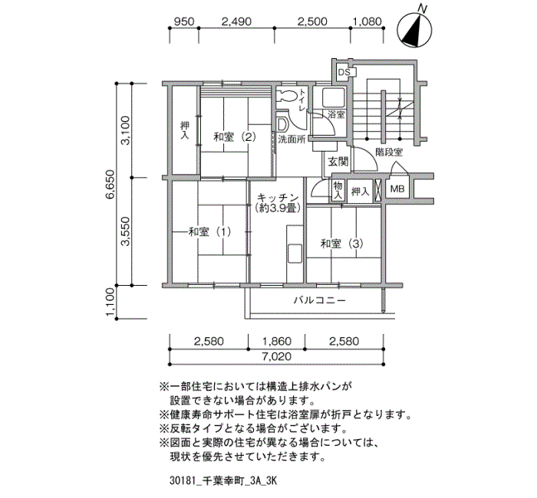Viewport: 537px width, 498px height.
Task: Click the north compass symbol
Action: click(x=414, y=30)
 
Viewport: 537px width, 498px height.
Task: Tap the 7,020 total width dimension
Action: click(x=277, y=357)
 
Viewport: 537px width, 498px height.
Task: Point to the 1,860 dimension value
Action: click(x=277, y=341)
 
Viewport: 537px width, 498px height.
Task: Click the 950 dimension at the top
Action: click(x=184, y=21)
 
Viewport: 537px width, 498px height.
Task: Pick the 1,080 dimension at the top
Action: click(x=367, y=21)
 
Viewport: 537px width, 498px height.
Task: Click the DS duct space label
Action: click(x=344, y=73)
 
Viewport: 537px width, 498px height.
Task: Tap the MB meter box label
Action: click(x=397, y=188)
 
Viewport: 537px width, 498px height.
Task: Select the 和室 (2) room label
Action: click(x=235, y=137)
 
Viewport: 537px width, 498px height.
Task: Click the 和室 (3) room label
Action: click(x=341, y=244)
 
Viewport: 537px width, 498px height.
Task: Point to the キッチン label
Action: click(x=278, y=198)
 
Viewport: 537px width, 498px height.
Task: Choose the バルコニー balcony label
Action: click(x=320, y=300)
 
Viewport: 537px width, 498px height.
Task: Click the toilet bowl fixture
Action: click(x=286, y=95)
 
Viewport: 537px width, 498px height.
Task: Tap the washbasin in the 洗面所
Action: click(x=282, y=125)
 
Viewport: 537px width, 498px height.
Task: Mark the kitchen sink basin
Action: click(x=295, y=254)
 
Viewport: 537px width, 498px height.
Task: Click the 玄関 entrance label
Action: click(x=338, y=162)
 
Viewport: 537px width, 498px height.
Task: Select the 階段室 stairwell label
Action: click(x=389, y=152)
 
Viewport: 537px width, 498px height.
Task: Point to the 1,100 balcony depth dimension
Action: click(x=111, y=302)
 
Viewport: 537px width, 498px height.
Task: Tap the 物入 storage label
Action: click(x=338, y=191)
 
